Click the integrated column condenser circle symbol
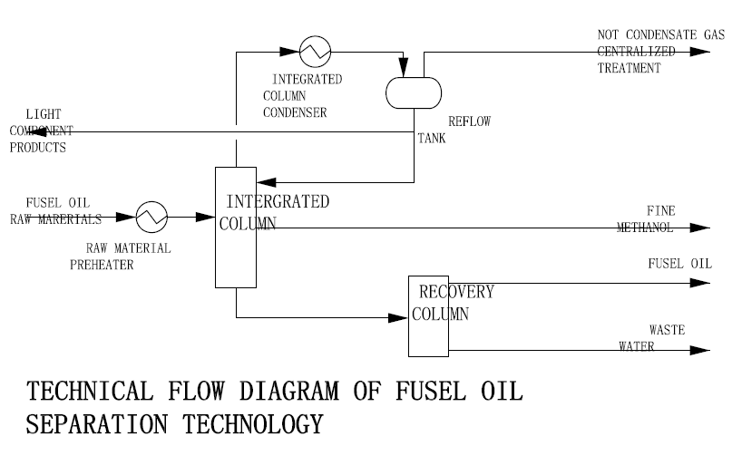point(315,36)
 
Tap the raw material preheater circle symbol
point(151,202)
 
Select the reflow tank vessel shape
point(414,78)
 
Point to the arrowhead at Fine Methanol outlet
point(700,228)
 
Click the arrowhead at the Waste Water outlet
point(700,350)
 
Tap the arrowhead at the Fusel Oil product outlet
point(700,283)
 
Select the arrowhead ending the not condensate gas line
point(700,52)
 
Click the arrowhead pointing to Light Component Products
point(37,131)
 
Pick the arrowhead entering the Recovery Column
point(397,318)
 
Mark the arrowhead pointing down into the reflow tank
point(404,68)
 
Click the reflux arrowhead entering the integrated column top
point(266,182)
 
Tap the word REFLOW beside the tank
point(469,121)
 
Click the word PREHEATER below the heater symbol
point(102,265)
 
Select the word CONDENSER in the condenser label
point(295,112)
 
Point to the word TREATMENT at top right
point(630,68)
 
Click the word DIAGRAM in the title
point(289,391)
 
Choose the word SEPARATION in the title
point(97,424)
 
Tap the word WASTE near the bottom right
point(667,330)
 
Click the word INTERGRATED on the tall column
point(278,201)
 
